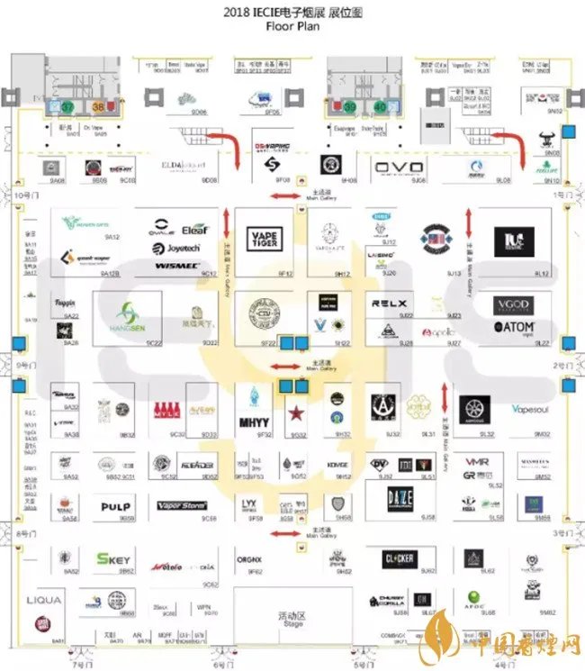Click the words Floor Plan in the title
[x=292, y=26]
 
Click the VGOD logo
[x=514, y=306]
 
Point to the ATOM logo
[x=515, y=328]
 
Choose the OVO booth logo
[x=392, y=168]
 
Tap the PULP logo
[x=115, y=507]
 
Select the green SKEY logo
[x=113, y=559]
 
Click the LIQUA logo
[x=44, y=600]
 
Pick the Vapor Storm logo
[x=182, y=506]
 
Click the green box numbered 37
[x=67, y=107]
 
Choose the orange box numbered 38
[x=99, y=107]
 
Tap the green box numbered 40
[x=380, y=107]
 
